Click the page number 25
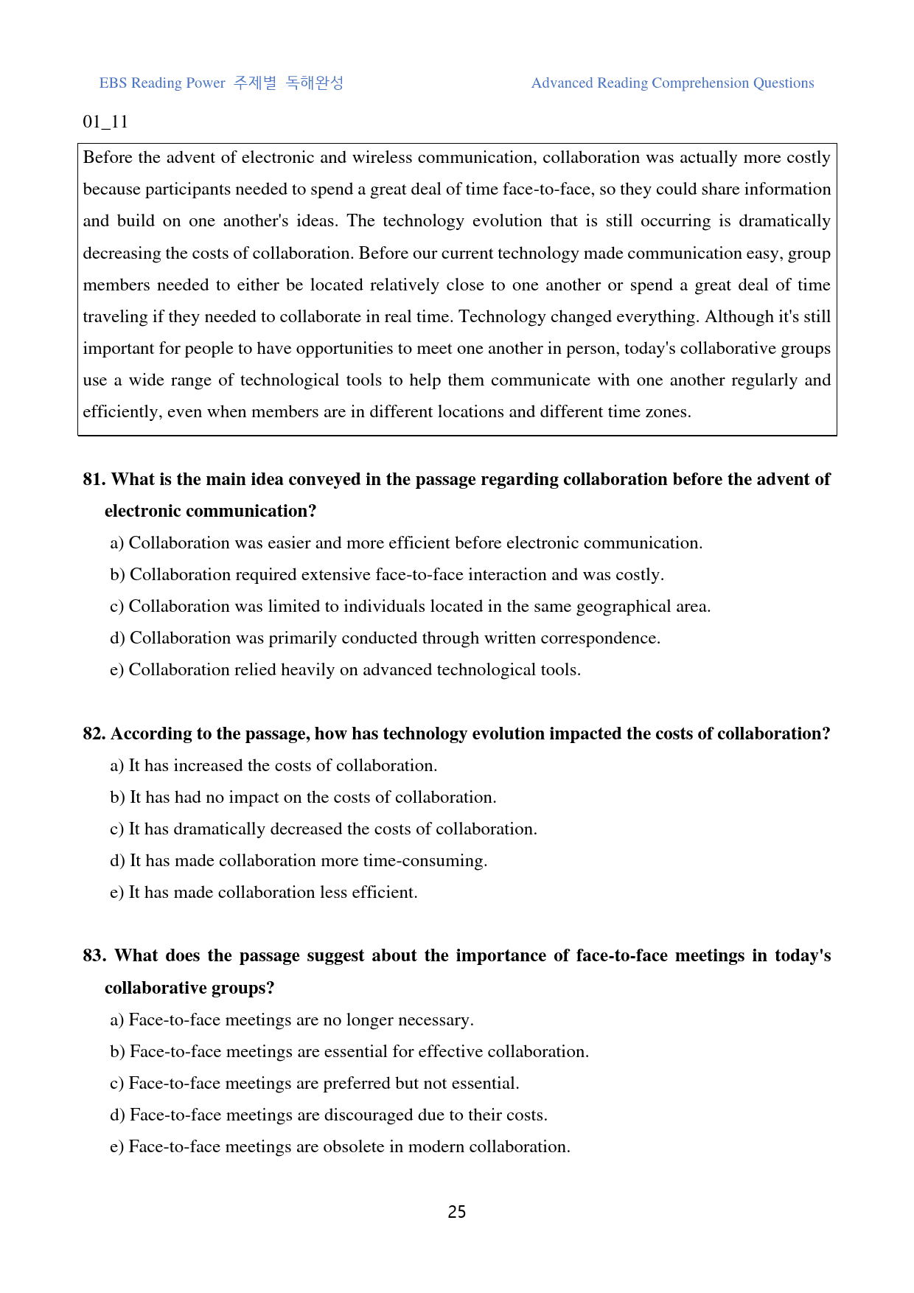click(x=457, y=1212)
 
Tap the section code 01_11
click(x=105, y=122)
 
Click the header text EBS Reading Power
click(x=162, y=83)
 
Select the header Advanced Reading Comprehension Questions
click(x=672, y=83)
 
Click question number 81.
click(x=94, y=479)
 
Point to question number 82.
click(x=94, y=733)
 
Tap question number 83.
click(x=94, y=955)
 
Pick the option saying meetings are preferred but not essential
click(x=315, y=1083)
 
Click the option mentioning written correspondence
click(x=385, y=638)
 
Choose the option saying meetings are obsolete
click(x=340, y=1146)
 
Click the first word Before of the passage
click(x=108, y=157)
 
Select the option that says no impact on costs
click(x=303, y=797)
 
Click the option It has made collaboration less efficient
click(x=264, y=892)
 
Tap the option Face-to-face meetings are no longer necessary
click(x=292, y=1020)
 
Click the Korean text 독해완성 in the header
click(x=315, y=83)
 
